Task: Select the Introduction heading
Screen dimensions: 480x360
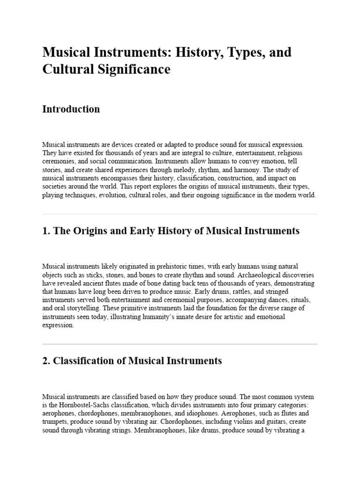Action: [71, 109]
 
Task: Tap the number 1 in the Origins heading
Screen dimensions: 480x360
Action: [45, 231]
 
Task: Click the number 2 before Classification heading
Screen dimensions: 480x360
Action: [45, 361]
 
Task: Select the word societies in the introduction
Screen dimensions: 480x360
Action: [53, 187]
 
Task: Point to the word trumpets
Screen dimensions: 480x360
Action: [56, 422]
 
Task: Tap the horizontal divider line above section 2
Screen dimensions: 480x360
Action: [180, 344]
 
